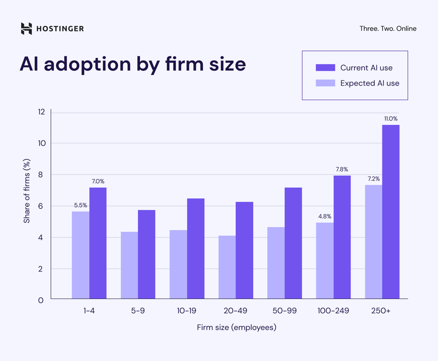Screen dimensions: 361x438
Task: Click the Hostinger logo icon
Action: (x=26, y=29)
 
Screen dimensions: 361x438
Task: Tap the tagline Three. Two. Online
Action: (x=388, y=29)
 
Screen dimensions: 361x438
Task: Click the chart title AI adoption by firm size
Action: (x=133, y=64)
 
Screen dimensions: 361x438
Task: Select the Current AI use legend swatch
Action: (x=325, y=68)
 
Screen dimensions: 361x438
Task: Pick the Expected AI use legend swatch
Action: (x=325, y=83)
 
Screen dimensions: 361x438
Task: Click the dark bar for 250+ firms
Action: (x=390, y=212)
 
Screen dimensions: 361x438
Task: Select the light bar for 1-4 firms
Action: (x=80, y=255)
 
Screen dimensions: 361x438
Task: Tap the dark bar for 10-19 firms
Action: (x=196, y=248)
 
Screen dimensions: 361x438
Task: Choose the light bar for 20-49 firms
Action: (x=227, y=267)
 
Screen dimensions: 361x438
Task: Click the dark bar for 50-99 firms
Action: (x=293, y=243)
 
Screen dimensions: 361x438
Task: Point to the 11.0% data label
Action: (x=390, y=119)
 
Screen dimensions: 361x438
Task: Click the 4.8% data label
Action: (x=325, y=217)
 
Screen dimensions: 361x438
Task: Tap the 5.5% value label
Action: (x=80, y=205)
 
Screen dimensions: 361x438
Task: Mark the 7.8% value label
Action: (x=342, y=169)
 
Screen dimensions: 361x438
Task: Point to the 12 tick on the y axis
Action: (x=41, y=112)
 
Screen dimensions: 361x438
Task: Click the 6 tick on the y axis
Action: (x=41, y=206)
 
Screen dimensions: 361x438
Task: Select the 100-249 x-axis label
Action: (x=333, y=311)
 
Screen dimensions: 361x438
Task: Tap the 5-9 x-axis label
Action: (x=138, y=311)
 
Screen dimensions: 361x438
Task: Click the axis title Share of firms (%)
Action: (x=27, y=191)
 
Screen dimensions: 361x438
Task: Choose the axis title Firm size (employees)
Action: (x=237, y=328)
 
